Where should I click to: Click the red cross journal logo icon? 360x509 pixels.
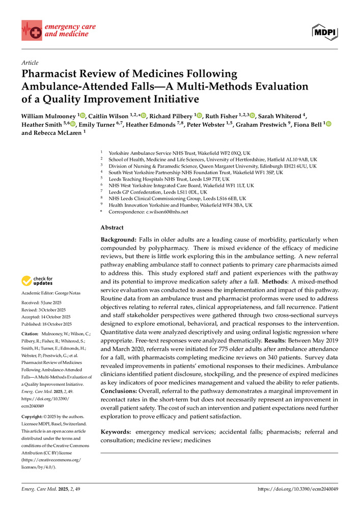32,31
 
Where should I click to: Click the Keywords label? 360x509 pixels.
117,432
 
